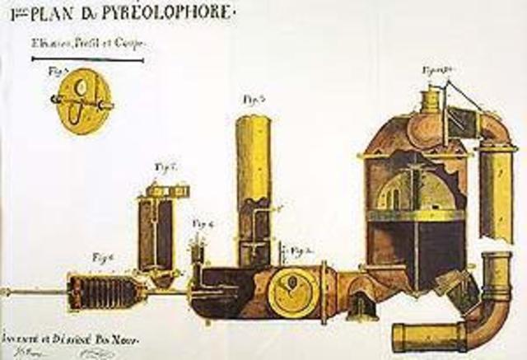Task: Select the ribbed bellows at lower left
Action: pyautogui.click(x=98, y=290)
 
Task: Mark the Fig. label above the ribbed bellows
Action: pyautogui.click(x=104, y=257)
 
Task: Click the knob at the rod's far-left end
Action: pyautogui.click(x=4, y=292)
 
